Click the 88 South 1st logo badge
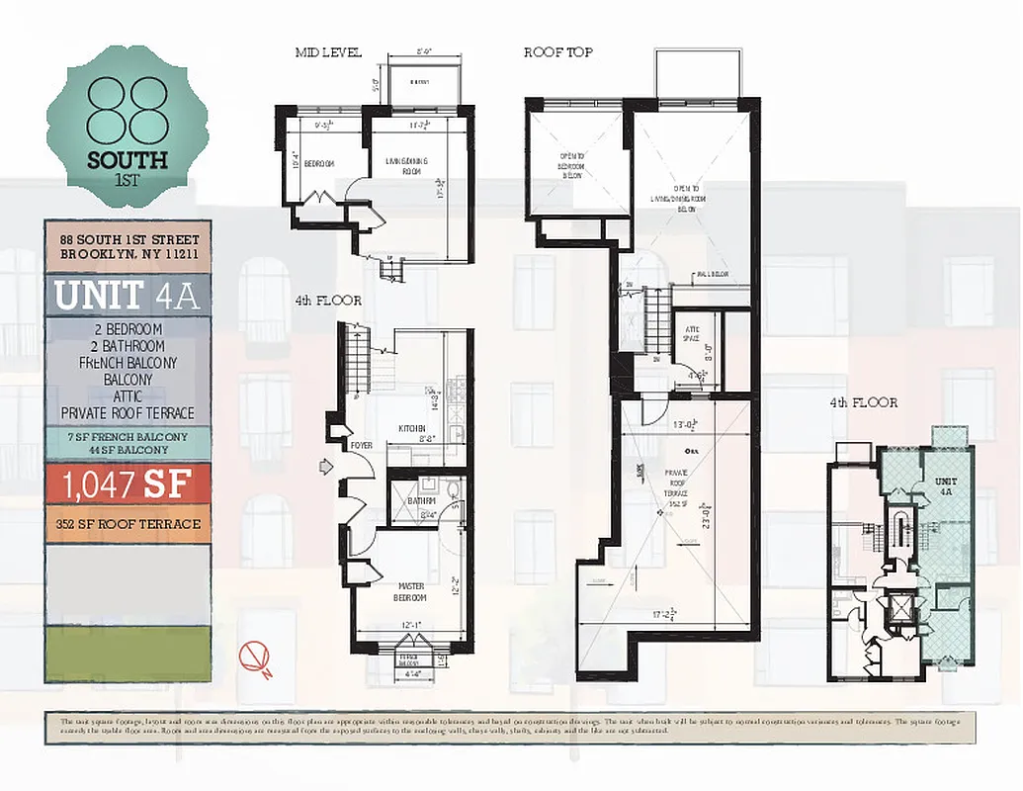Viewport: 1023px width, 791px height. tap(126, 126)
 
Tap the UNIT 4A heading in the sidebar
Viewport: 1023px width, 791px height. tap(128, 296)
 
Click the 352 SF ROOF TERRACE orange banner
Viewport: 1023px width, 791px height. tap(128, 524)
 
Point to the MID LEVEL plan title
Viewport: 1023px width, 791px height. tap(328, 52)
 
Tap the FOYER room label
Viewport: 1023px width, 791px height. tap(361, 446)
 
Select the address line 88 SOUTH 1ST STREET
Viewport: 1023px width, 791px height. tap(128, 239)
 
